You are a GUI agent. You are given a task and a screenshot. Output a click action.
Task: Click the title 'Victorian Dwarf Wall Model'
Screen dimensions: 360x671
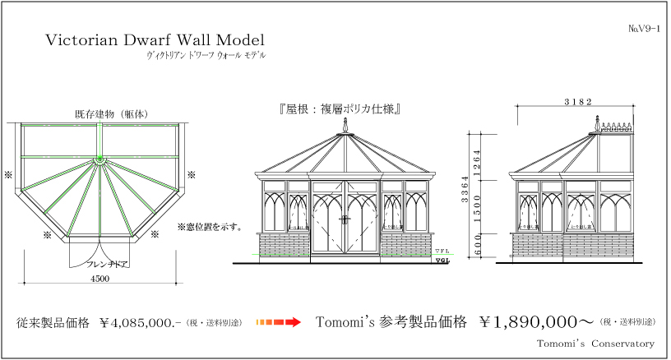pos(155,39)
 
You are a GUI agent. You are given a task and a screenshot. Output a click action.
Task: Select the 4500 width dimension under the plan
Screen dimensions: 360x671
pos(99,279)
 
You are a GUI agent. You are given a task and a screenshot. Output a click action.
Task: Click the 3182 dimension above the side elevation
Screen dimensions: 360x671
pos(578,101)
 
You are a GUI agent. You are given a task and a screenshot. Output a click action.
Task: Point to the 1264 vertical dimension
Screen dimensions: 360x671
pos(478,159)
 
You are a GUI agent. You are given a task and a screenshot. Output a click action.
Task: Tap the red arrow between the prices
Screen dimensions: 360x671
pos(280,322)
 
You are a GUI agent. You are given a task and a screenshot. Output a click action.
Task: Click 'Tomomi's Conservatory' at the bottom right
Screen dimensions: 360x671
pos(595,343)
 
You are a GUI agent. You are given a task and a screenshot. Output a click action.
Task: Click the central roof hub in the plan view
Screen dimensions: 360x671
pos(99,159)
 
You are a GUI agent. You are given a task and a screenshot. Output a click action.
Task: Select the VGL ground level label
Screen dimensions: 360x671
pos(442,262)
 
